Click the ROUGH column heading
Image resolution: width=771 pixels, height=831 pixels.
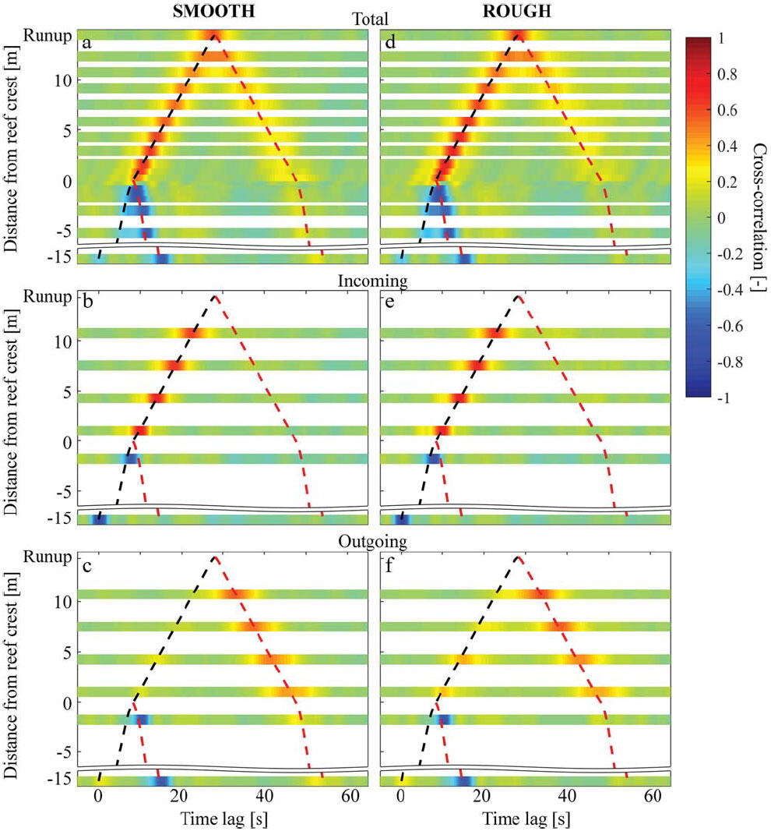click(x=518, y=13)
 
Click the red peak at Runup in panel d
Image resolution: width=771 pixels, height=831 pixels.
click(x=517, y=35)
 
